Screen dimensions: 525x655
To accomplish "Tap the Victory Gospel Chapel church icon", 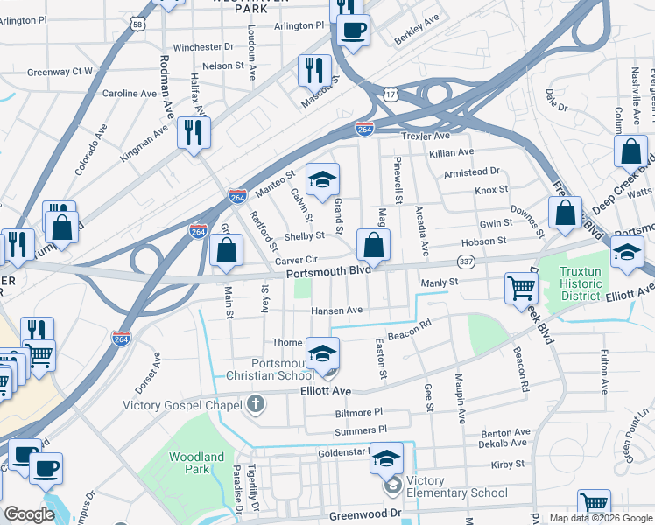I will (255, 403).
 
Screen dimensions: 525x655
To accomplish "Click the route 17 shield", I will (390, 92).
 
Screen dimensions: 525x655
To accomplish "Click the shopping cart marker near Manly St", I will (521, 286).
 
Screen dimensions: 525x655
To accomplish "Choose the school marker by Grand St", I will (322, 179).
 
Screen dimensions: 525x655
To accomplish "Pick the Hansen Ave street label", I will (337, 311).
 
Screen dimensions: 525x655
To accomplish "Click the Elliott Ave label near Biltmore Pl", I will (325, 391).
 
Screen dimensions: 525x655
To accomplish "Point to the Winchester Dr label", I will (203, 46).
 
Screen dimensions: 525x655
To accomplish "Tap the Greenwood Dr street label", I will (364, 515).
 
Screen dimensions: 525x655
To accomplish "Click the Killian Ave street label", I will (452, 153).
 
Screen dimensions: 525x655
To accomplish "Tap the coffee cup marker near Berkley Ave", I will (354, 31).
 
